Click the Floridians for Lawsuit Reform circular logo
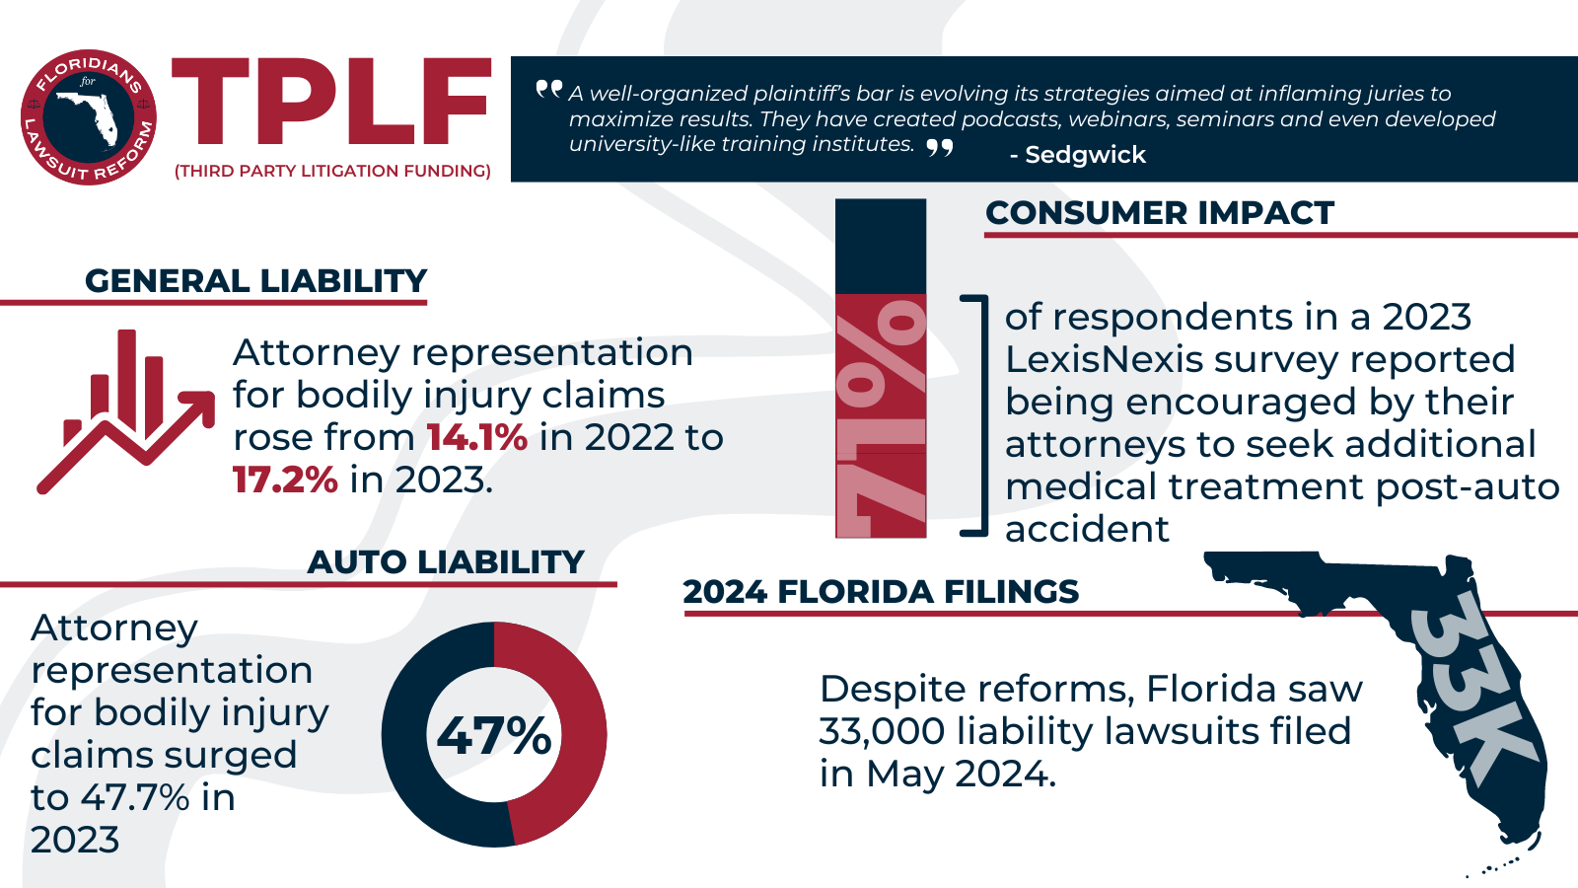click(x=88, y=117)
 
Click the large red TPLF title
click(x=331, y=103)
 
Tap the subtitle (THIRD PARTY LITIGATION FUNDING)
click(x=332, y=171)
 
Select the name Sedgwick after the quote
click(x=1084, y=155)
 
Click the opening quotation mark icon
click(x=549, y=90)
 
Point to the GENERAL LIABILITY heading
click(x=255, y=281)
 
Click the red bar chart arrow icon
click(x=125, y=410)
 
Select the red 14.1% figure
click(x=476, y=438)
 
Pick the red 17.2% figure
click(x=285, y=481)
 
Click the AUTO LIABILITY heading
click(x=446, y=562)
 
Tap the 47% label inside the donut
click(x=494, y=736)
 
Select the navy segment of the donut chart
click(x=414, y=770)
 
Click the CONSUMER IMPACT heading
click(x=1159, y=213)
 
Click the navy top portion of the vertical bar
click(x=881, y=247)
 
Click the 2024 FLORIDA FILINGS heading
click(x=881, y=592)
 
